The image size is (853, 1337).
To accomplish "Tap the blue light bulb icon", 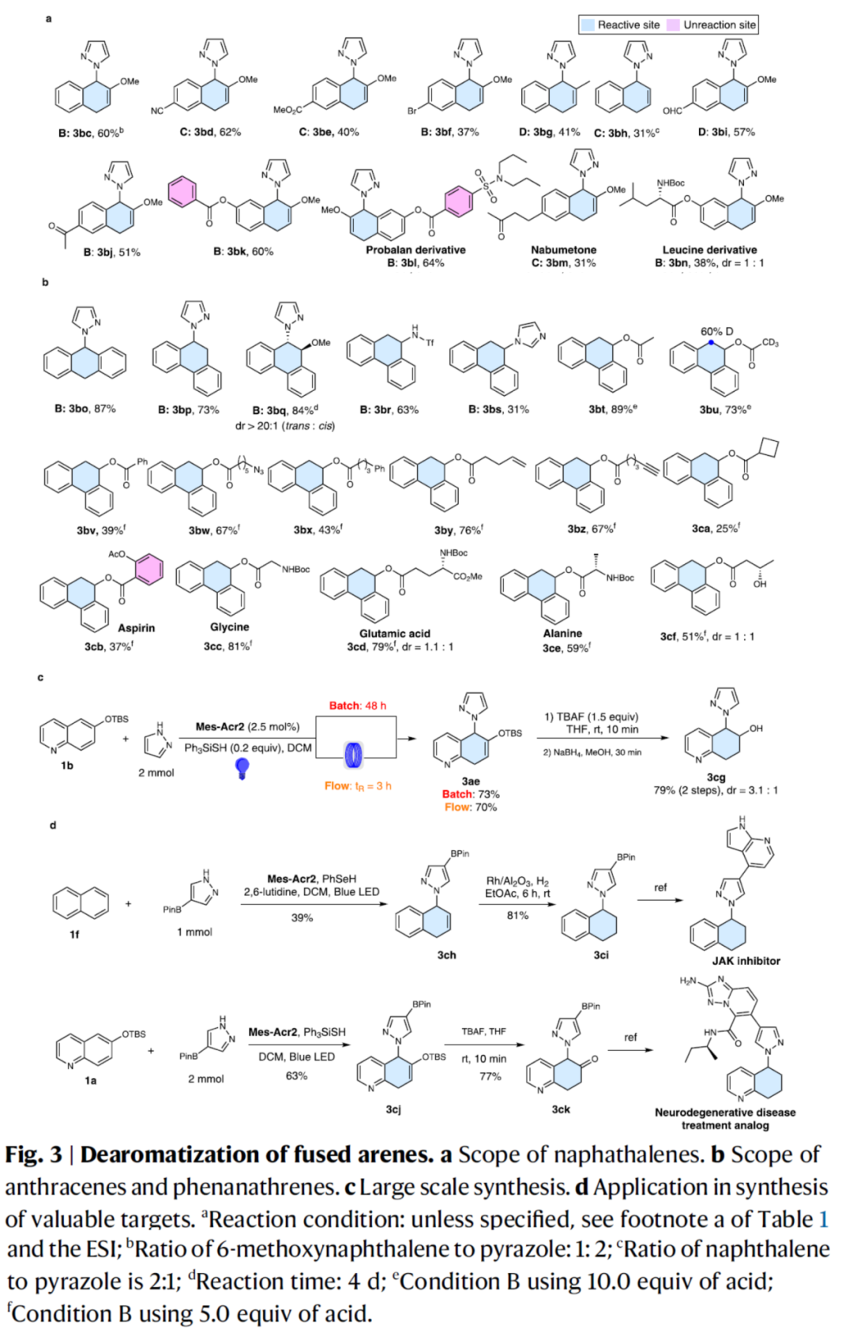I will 243,767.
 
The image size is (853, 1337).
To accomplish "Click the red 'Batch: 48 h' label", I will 358,706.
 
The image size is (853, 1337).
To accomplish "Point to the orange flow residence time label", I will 358,785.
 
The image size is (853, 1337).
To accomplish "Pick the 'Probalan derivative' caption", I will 415,250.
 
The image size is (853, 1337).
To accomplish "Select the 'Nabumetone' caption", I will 563,250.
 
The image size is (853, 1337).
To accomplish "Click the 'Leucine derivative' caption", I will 709,250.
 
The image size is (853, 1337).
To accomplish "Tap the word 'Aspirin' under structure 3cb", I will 137,627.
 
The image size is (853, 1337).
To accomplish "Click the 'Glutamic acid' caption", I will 395,633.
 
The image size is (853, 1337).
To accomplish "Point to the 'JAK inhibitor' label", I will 746,961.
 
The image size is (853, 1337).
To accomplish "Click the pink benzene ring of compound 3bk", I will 182,192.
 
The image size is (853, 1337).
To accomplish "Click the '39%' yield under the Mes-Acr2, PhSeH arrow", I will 302,917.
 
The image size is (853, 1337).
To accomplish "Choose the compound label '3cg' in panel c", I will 716,777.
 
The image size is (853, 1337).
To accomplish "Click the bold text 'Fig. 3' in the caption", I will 33,1154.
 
